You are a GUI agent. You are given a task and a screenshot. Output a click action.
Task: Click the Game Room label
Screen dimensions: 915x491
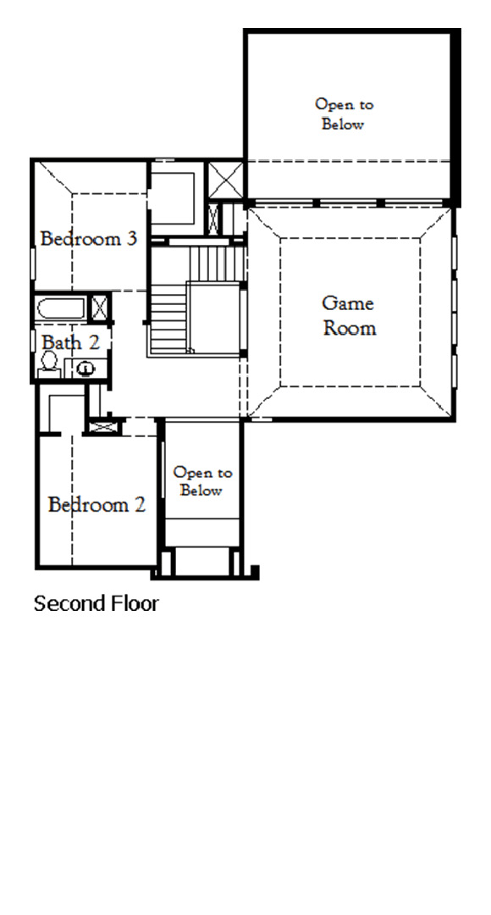[x=349, y=315]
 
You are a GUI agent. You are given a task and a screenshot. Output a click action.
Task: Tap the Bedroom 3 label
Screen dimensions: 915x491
[x=89, y=238]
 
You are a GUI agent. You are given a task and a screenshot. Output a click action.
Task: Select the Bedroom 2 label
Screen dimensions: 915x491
[x=97, y=505]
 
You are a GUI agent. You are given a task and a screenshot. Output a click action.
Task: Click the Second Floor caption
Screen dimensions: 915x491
[x=96, y=604]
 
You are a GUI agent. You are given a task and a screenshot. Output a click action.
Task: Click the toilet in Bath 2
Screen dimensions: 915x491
[x=48, y=363]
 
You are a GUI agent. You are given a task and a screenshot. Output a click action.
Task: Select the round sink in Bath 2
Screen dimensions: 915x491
[x=85, y=367]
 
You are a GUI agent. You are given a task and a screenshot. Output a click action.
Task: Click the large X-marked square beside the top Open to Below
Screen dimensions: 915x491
[x=226, y=179]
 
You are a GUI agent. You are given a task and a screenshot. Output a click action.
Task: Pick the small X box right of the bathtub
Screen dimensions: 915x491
[x=99, y=307]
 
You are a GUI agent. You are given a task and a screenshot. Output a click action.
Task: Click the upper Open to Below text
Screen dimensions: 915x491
[x=344, y=114]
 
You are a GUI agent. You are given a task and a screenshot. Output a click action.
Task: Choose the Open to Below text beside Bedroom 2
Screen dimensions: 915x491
[x=202, y=481]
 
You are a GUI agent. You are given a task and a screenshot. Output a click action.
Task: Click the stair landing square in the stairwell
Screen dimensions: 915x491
[x=213, y=318]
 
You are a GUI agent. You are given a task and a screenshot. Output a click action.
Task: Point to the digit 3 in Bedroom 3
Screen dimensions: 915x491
[x=131, y=238]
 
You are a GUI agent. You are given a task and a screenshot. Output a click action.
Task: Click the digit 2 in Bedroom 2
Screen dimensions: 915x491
[x=140, y=505]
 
